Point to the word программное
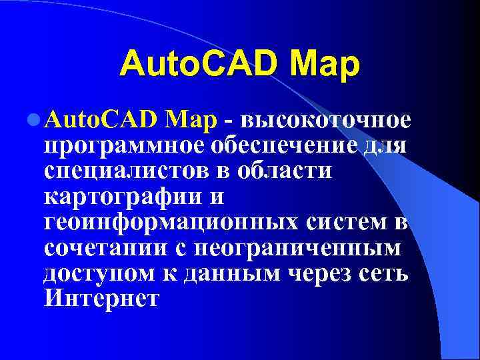click(x=124, y=145)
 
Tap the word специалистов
click(x=128, y=170)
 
